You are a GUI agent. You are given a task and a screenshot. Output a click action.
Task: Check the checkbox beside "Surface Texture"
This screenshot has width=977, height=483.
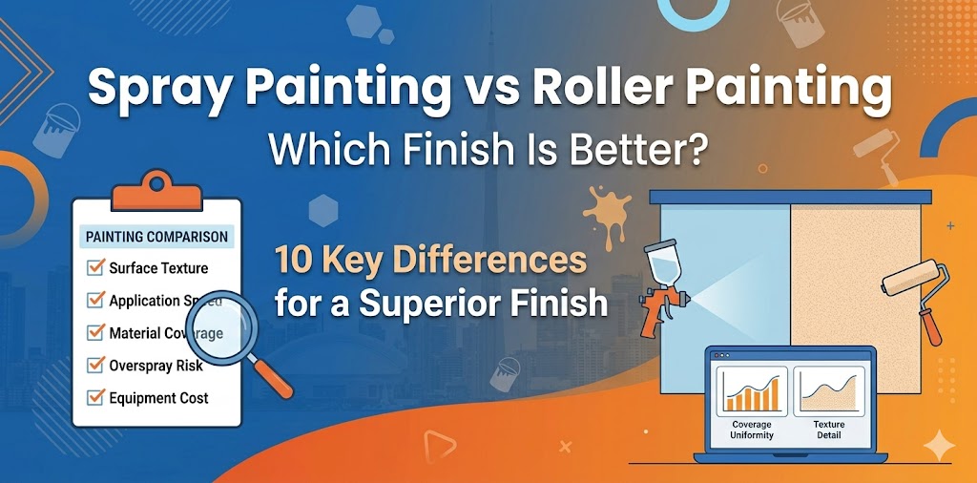click(x=95, y=268)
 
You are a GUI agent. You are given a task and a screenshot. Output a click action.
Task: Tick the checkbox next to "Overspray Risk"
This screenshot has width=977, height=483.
click(x=95, y=365)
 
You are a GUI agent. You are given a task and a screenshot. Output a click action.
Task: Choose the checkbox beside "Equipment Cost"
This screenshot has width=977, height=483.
click(x=95, y=397)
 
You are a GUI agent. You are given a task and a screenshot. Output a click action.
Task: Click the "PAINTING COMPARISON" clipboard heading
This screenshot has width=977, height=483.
click(x=157, y=236)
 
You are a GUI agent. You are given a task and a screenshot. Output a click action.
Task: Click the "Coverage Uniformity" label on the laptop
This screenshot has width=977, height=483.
click(x=752, y=430)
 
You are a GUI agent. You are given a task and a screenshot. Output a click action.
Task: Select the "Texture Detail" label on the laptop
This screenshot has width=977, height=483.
click(x=828, y=430)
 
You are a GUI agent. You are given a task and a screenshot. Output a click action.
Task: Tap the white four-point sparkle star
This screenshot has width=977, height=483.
click(x=940, y=446)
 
